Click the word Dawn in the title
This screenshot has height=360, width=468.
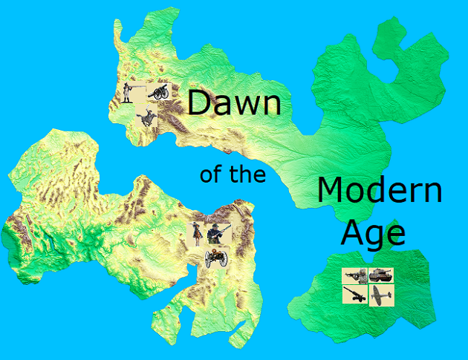click(233, 102)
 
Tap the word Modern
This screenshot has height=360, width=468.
click(379, 191)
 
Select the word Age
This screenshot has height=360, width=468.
click(373, 232)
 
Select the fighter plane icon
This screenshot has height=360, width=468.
click(380, 295)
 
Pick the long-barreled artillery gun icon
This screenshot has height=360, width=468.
click(354, 295)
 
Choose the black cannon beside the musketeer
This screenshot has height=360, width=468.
click(159, 91)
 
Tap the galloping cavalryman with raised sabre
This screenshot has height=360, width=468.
click(146, 117)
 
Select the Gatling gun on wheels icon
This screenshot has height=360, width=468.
click(215, 257)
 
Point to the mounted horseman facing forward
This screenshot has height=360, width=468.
click(197, 233)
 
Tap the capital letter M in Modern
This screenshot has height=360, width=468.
click(331, 191)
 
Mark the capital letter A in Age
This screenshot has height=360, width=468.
click(353, 232)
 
